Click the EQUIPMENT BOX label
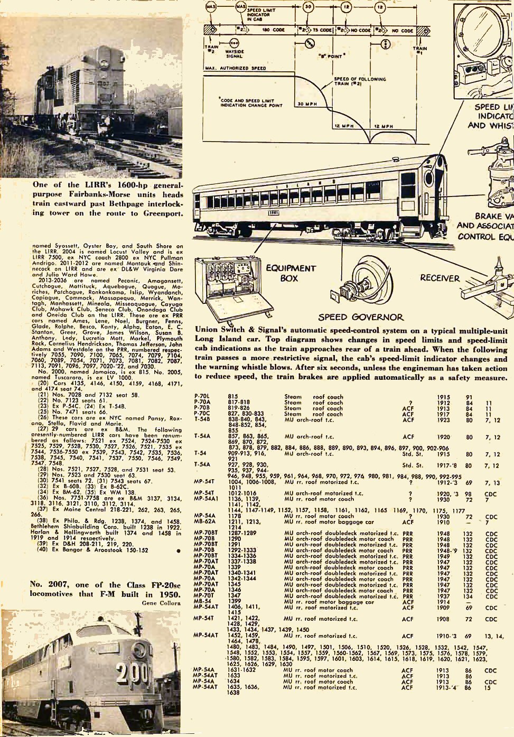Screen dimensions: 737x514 click(290, 273)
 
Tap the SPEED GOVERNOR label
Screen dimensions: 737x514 click(360, 317)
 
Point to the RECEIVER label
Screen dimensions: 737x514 click(440, 278)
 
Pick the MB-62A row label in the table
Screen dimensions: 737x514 click(204, 522)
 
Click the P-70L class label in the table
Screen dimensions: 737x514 click(202, 396)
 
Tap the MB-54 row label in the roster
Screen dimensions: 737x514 click(202, 601)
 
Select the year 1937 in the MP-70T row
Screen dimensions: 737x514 click(443, 595)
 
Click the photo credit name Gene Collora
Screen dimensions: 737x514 click(161, 602)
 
